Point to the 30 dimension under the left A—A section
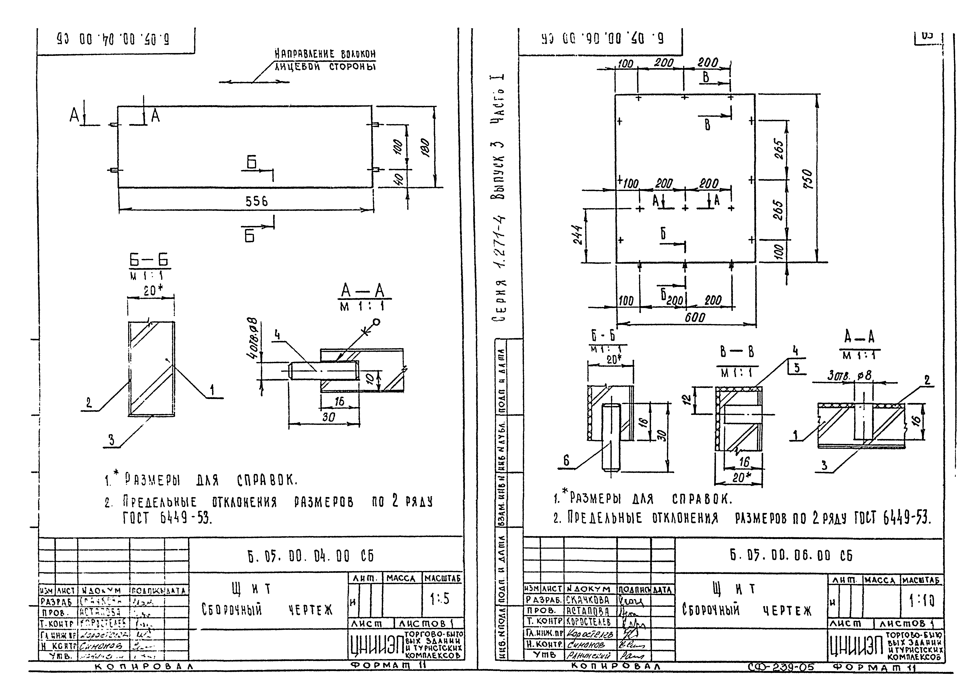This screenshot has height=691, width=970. click(328, 417)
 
